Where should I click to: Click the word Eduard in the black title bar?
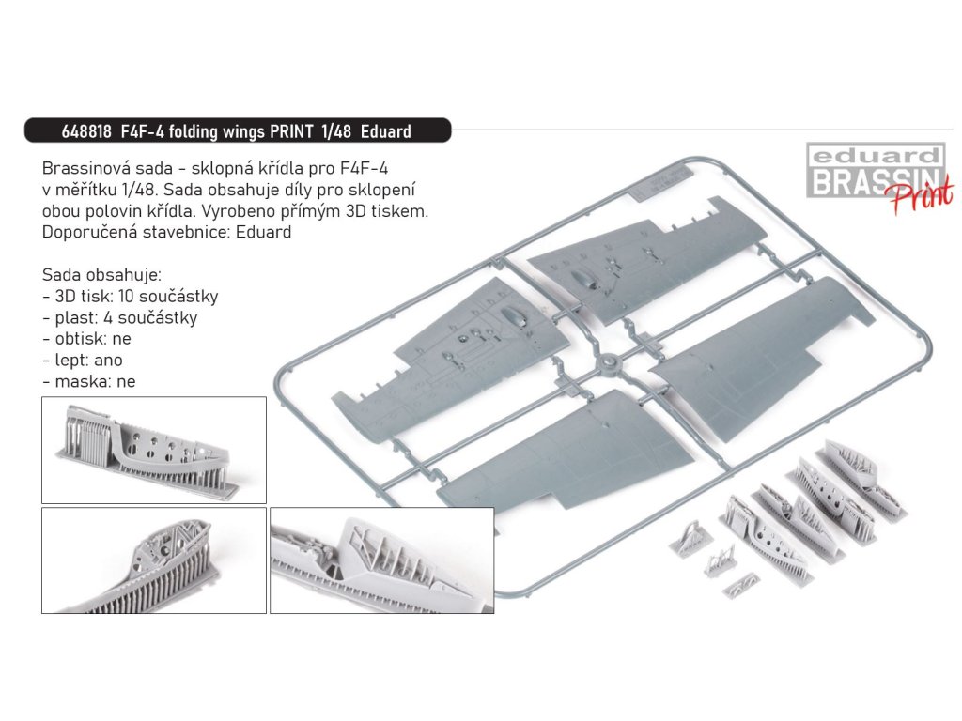coord(381,131)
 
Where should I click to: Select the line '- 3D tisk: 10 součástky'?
coord(130,297)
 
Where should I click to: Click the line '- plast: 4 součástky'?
coord(119,318)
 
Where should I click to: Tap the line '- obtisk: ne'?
coord(86,339)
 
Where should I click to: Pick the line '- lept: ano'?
coord(83,360)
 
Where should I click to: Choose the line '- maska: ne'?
coord(89,382)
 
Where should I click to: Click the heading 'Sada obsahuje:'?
coord(101,275)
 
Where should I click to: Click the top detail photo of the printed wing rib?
coord(154,449)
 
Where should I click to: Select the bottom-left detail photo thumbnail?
coord(154,560)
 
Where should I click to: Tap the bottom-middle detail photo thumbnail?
coord(381,560)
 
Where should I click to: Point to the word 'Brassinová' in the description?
coord(85,169)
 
